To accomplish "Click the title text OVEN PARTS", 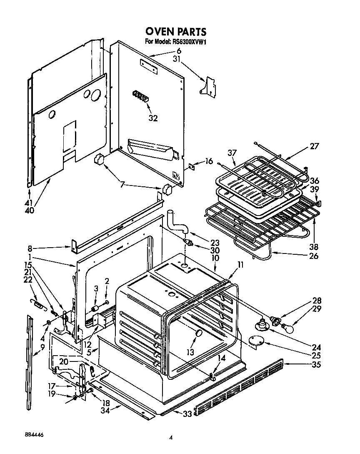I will [x=175, y=32].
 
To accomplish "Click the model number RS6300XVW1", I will [x=187, y=41].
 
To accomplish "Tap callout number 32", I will [x=153, y=118].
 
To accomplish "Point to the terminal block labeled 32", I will [x=140, y=96].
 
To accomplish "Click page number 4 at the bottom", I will [x=170, y=437].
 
